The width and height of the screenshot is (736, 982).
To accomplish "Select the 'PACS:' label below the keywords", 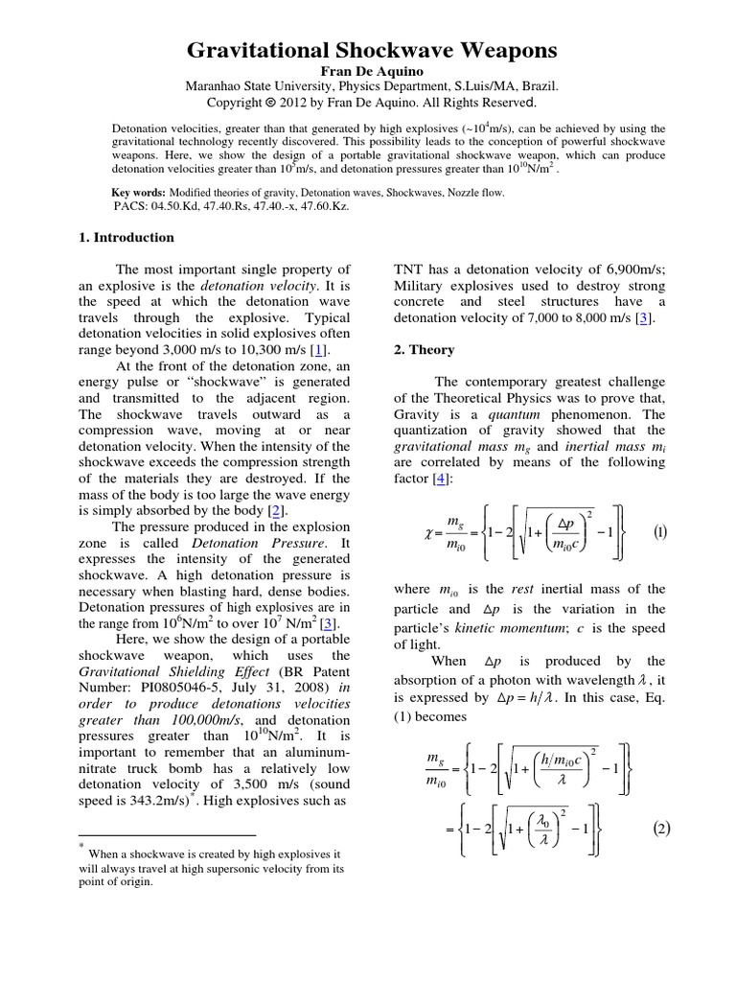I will tap(129, 206).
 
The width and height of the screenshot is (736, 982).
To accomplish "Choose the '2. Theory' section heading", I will tap(424, 350).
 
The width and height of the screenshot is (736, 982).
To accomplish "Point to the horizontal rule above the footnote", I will tap(168, 835).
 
